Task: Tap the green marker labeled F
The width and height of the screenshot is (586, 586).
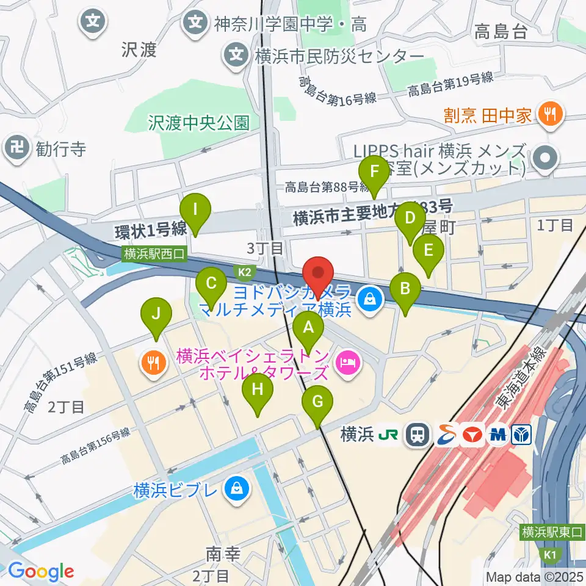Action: [x=374, y=172]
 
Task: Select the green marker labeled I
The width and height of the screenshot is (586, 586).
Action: [x=195, y=211]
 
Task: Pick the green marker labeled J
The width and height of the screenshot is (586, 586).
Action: [x=156, y=315]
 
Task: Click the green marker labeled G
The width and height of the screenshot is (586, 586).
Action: [x=317, y=403]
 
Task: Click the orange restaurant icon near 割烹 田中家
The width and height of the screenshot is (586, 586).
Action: [x=551, y=114]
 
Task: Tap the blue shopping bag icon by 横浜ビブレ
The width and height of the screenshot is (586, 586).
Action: [x=235, y=489]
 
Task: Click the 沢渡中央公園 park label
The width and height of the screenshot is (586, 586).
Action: [x=199, y=123]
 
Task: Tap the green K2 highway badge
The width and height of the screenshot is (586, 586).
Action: [x=245, y=270]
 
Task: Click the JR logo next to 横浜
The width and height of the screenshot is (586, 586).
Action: [x=389, y=435]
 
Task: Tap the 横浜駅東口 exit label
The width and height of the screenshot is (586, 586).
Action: [x=552, y=532]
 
